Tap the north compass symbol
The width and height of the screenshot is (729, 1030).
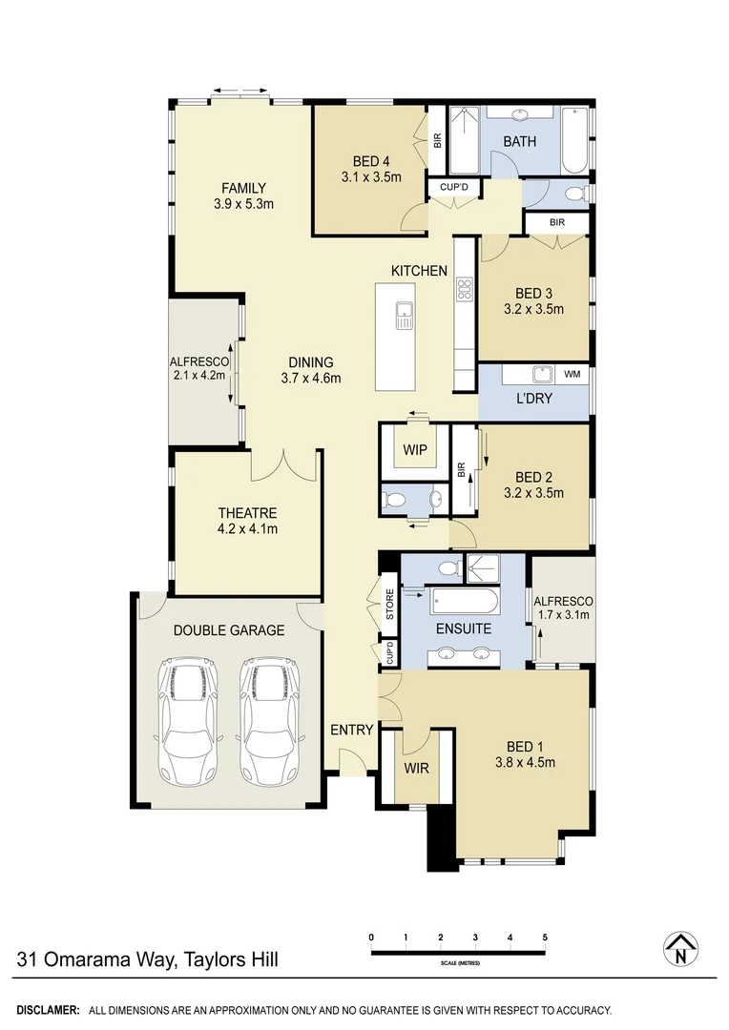(680, 948)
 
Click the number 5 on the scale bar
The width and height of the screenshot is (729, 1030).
(545, 937)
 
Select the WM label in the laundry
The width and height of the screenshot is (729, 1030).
(573, 374)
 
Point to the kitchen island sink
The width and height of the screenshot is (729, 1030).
(405, 314)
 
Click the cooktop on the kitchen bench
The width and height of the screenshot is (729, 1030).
(465, 289)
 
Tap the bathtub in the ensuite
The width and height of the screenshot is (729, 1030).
(464, 603)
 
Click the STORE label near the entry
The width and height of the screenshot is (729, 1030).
(389, 607)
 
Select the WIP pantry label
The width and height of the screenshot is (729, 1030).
(414, 450)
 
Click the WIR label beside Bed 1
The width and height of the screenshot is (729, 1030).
(417, 767)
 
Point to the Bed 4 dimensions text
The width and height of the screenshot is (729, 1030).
(371, 176)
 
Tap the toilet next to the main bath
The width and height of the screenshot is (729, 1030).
(574, 194)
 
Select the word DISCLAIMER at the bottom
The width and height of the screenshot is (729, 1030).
(48, 1009)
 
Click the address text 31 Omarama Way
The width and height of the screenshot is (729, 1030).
(147, 959)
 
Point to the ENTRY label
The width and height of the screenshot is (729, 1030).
(351, 730)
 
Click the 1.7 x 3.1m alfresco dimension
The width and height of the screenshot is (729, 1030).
(563, 614)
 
